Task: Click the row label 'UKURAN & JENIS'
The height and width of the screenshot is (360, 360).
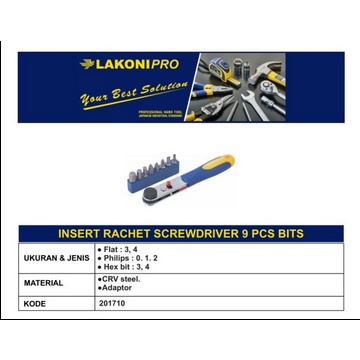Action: pyautogui.click(x=57, y=258)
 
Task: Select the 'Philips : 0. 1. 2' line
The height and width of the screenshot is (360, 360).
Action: pyautogui.click(x=127, y=258)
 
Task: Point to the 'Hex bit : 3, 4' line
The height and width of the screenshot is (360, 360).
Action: pyautogui.click(x=124, y=267)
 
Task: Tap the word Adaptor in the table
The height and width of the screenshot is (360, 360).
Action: pyautogui.click(x=118, y=287)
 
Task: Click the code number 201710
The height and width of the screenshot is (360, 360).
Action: pyautogui.click(x=112, y=301)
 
